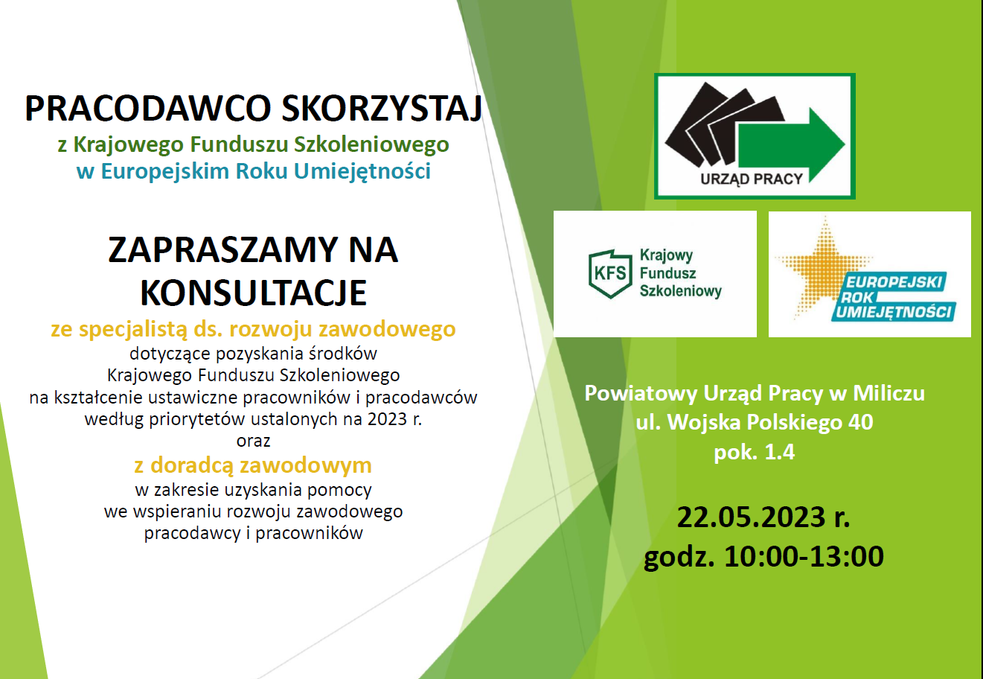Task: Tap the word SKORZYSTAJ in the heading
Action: pos(382,108)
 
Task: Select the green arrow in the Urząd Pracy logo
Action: pos(792,145)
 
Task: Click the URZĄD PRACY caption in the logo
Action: pos(752,179)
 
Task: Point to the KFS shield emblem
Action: pos(610,274)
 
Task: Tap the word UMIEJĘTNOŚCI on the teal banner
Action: pos(894,312)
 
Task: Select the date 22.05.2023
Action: pos(751,517)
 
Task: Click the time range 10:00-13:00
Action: pos(804,556)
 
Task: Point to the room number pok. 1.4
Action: pos(755,452)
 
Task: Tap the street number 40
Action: pos(860,422)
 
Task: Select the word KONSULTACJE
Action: pos(253,293)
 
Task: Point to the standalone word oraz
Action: pos(253,441)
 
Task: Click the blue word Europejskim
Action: pos(165,171)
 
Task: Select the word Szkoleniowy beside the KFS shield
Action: pos(681,291)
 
